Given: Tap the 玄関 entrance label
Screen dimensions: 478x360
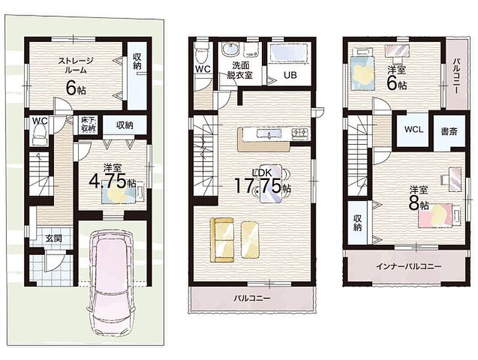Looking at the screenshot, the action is [x=53, y=238].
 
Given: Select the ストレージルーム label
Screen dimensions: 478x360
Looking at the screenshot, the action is [x=75, y=65].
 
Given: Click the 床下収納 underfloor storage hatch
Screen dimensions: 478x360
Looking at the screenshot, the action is [x=88, y=124].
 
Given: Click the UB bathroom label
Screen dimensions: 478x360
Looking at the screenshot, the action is [x=290, y=75].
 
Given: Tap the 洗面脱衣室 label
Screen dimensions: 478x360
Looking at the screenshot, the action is [x=240, y=70].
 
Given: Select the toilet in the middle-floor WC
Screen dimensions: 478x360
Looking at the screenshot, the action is [x=202, y=54].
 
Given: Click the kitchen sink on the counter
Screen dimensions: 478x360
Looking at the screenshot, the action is [x=269, y=133].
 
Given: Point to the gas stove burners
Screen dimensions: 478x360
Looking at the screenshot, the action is [x=301, y=133].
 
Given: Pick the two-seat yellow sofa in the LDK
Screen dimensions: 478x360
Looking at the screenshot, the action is [x=222, y=239].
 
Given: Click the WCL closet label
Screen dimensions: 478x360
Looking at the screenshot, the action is [x=414, y=129].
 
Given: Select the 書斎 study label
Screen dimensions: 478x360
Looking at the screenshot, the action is [x=449, y=131].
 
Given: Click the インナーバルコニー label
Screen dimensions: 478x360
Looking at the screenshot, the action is [x=408, y=267].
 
